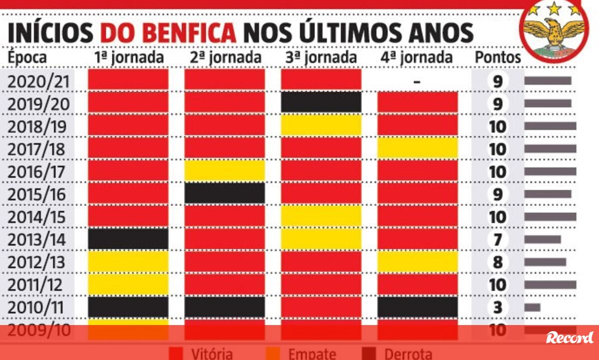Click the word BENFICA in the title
[168, 33]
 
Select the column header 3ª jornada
[321, 57]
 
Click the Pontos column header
[498, 57]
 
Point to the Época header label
[27, 57]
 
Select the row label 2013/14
[37, 240]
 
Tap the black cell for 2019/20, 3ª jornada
[321, 103]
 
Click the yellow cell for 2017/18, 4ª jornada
[417, 148]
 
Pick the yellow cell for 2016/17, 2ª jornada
[225, 171]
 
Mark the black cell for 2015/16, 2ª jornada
[225, 194]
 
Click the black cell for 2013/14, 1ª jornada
[128, 239]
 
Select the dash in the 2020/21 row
[417, 81]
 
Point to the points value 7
[498, 240]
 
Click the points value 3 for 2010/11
[498, 307]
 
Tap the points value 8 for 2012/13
[498, 262]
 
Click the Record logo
[570, 338]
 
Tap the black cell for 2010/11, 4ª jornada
[417, 307]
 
